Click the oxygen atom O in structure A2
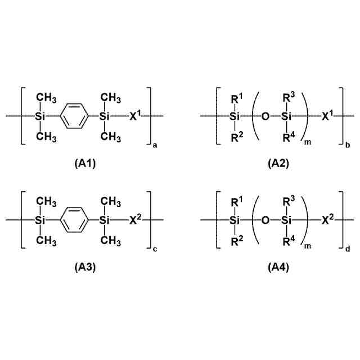(265, 116)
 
